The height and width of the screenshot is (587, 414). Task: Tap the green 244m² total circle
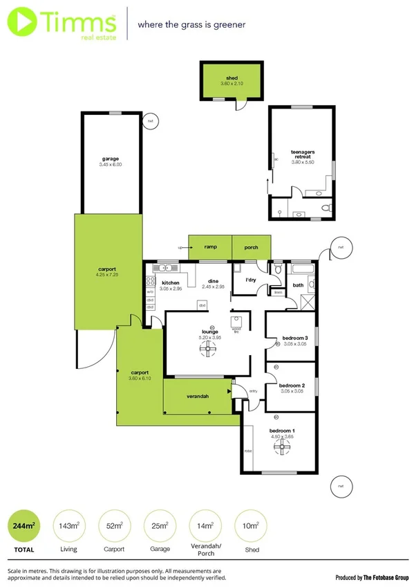pyautogui.click(x=23, y=525)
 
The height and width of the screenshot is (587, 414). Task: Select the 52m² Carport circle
pyautogui.click(x=114, y=525)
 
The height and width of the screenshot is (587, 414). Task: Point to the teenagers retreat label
pyautogui.click(x=303, y=154)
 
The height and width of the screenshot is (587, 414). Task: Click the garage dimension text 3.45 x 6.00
pyautogui.click(x=111, y=165)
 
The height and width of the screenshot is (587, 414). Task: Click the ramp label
pyautogui.click(x=210, y=246)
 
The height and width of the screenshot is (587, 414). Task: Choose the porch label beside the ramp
pyautogui.click(x=251, y=246)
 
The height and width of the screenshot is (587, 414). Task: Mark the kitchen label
pyautogui.click(x=171, y=282)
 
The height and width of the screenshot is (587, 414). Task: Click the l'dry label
pyautogui.click(x=251, y=280)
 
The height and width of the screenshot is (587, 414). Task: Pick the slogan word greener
pyautogui.click(x=228, y=24)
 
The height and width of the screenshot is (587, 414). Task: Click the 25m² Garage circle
pyautogui.click(x=159, y=525)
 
